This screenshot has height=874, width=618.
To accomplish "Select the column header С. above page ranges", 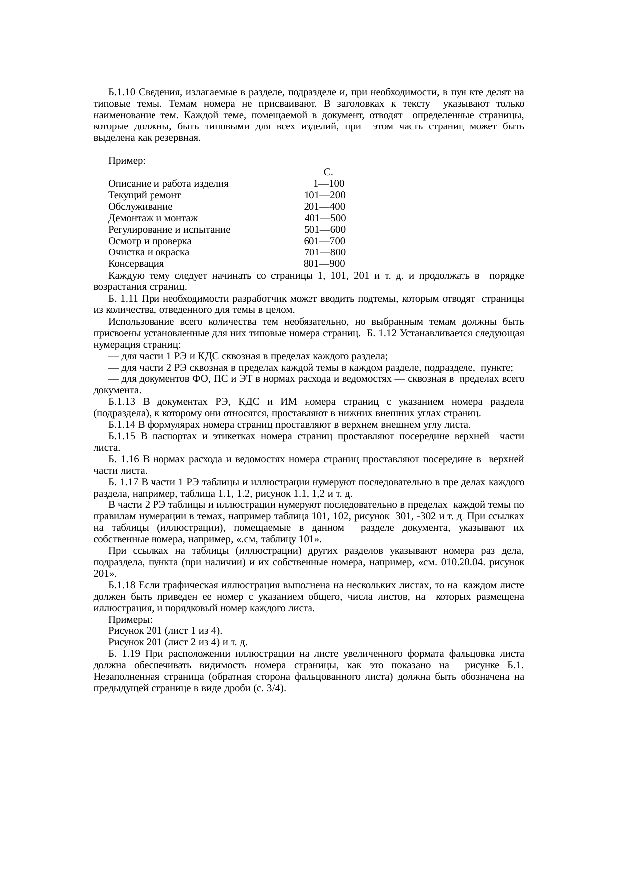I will click(x=328, y=172).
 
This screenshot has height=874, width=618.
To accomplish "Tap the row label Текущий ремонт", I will click(x=145, y=195).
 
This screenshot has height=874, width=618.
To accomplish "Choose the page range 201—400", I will click(x=324, y=207).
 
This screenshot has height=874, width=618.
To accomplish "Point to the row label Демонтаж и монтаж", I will click(x=153, y=218).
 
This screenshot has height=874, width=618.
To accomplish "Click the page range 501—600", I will click(x=325, y=230).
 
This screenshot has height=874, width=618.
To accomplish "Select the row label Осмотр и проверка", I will click(x=150, y=241).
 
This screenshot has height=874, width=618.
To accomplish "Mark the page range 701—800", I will click(x=325, y=252).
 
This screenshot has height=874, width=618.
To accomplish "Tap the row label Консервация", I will click(x=136, y=264).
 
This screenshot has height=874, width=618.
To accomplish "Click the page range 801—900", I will click(x=324, y=264).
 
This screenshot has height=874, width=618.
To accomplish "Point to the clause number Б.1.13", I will click(x=122, y=402).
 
